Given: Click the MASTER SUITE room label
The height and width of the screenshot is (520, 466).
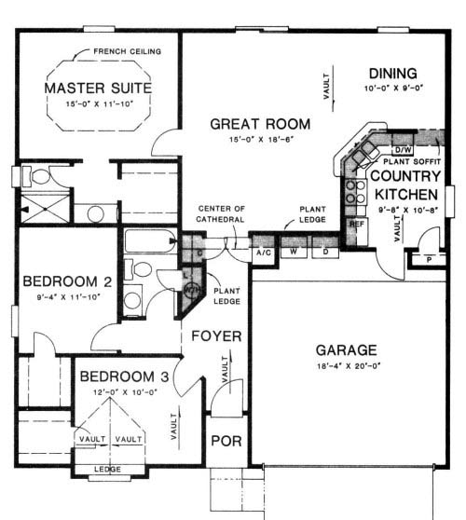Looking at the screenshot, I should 98,88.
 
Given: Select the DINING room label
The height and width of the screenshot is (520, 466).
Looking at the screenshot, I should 391,74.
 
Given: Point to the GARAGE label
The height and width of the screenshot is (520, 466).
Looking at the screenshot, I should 345,350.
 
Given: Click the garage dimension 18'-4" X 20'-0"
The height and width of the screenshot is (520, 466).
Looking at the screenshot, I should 345,367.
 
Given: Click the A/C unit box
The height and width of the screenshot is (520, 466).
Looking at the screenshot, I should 265,252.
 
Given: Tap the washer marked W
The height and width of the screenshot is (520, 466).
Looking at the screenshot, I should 295,252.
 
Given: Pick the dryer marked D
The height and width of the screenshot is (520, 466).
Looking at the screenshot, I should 326,252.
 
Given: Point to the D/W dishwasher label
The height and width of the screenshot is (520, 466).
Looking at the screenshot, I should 403,149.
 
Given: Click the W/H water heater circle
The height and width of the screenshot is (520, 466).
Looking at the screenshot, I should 193,289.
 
